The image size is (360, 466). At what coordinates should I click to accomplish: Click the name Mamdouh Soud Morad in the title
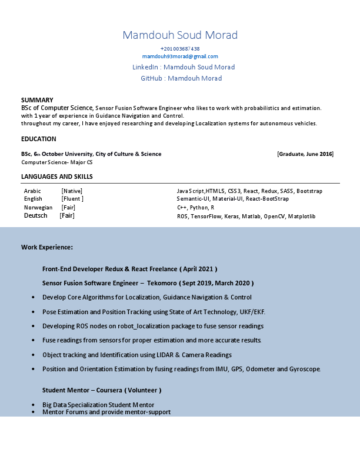(180, 35)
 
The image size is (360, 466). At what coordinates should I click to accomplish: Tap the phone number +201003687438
(180, 49)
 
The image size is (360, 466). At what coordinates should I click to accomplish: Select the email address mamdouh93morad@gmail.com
(180, 56)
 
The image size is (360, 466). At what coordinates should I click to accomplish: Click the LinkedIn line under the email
(184, 67)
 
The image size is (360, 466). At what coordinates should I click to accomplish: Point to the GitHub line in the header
(181, 78)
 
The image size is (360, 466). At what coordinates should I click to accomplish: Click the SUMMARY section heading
(37, 100)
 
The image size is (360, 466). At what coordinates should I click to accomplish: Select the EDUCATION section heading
(39, 139)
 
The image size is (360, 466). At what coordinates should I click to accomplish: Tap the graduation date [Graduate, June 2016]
(305, 154)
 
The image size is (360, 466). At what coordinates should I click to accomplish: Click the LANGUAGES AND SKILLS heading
(57, 177)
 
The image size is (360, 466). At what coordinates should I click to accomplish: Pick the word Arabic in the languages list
(32, 191)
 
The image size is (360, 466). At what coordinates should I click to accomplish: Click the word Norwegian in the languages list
(38, 208)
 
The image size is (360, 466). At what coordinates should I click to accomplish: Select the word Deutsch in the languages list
(36, 216)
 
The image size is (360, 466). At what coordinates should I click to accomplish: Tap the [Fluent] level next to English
(72, 199)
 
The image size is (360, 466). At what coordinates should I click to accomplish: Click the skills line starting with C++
(196, 208)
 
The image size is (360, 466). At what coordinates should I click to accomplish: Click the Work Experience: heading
(47, 247)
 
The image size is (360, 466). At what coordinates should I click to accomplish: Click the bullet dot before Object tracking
(32, 355)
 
